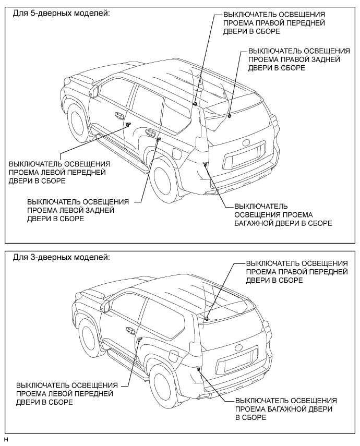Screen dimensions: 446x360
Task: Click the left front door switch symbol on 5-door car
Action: pyautogui.click(x=127, y=124)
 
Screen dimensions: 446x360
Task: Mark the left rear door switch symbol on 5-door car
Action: pyautogui.click(x=158, y=139)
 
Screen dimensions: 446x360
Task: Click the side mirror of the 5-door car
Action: pyautogui.click(x=94, y=91)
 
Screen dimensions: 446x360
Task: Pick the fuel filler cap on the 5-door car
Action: pyautogui.click(x=178, y=155)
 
